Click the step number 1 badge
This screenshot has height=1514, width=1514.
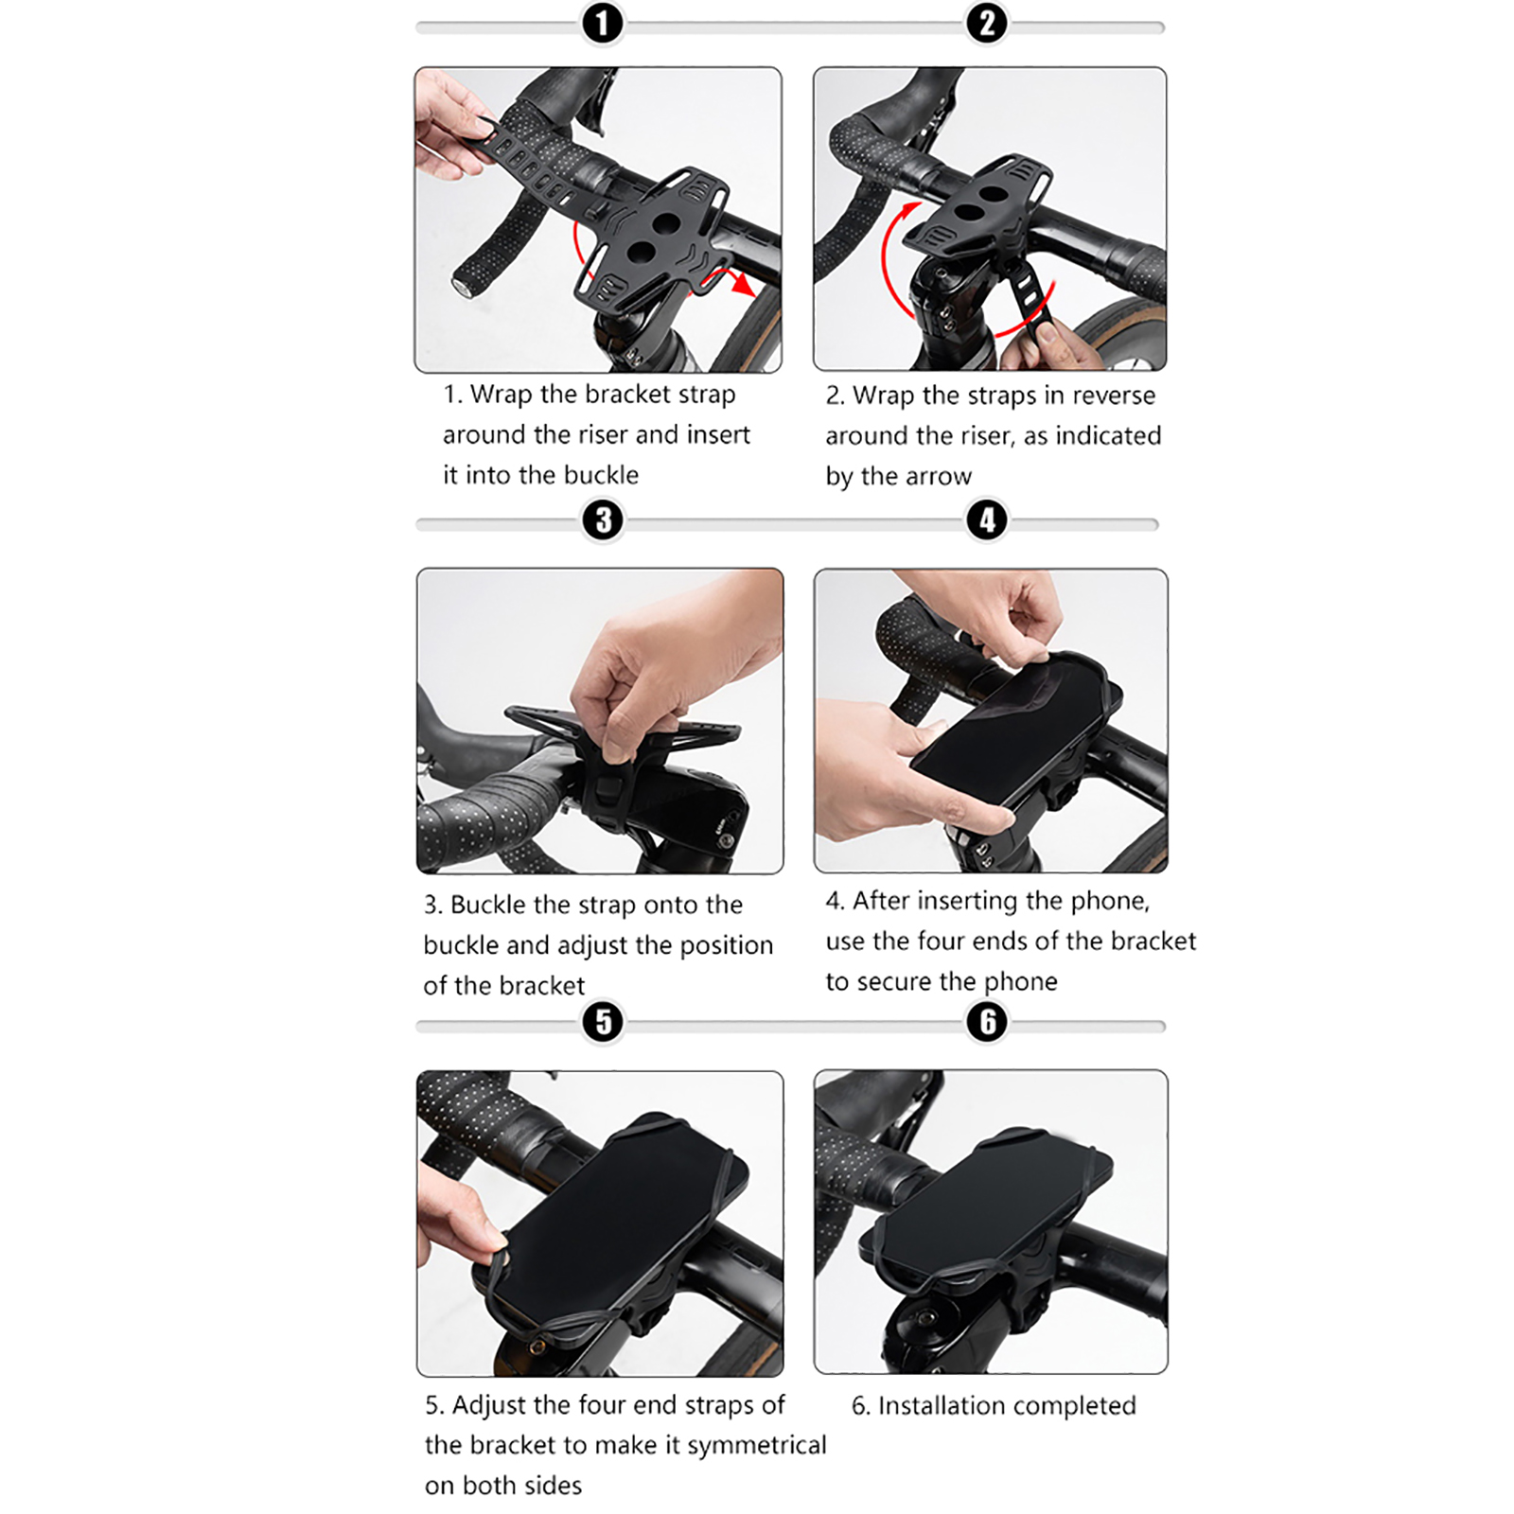(603, 23)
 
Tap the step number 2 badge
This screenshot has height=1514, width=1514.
(987, 23)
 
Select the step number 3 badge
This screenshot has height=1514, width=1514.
(603, 519)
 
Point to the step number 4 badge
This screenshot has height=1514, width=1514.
(987, 519)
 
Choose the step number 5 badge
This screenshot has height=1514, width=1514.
(603, 1022)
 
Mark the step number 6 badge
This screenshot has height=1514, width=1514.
(987, 1022)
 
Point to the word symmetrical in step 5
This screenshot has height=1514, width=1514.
(756, 1446)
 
